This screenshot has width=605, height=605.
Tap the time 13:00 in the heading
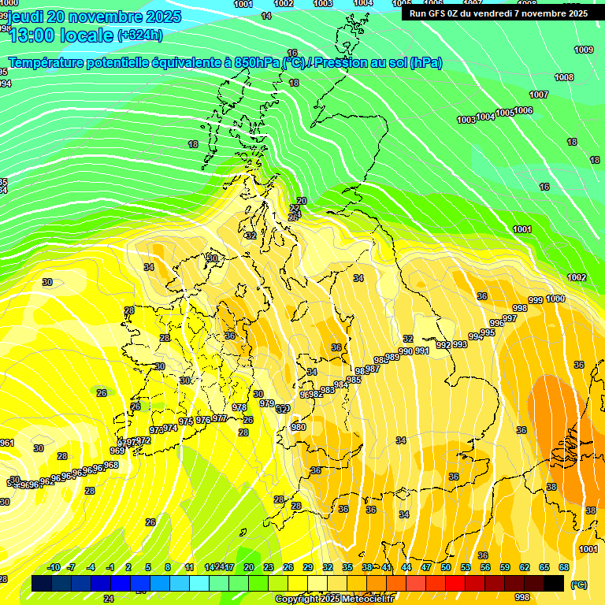[x=37, y=35]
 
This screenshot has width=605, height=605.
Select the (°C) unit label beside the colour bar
[x=578, y=585]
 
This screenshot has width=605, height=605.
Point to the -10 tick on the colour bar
[x=54, y=567]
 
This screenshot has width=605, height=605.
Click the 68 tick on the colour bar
[x=564, y=567]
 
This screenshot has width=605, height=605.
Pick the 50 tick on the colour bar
[x=446, y=567]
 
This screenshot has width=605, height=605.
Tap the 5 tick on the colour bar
[x=149, y=567]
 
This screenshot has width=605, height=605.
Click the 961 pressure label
[x=7, y=443]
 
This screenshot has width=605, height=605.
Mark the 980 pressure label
[x=299, y=427]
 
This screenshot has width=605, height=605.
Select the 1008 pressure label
[x=564, y=77]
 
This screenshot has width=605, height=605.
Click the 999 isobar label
[x=535, y=300]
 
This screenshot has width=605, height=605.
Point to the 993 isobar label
[x=460, y=344]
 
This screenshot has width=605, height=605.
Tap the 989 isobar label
[x=392, y=357]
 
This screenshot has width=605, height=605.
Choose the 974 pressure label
[x=170, y=428]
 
